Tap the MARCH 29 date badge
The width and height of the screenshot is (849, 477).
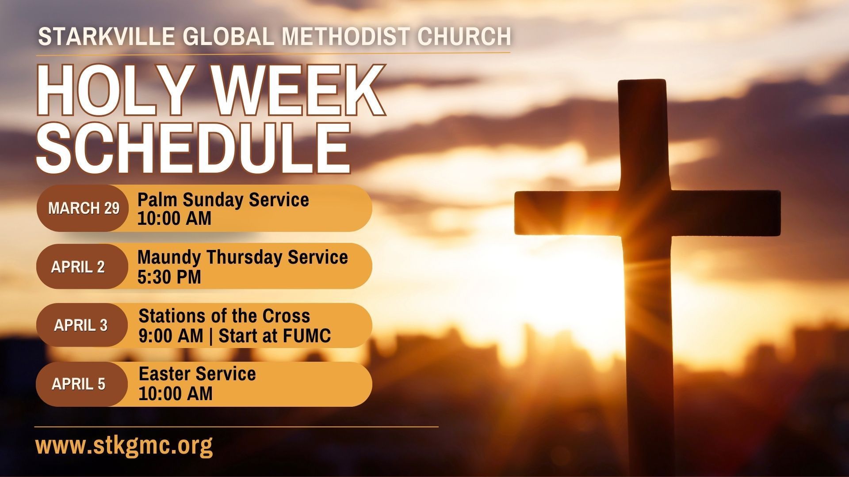point(83,208)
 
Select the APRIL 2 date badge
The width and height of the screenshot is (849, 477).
point(78,267)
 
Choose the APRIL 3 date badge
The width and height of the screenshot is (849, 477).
point(80,326)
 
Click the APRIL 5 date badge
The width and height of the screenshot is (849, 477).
point(78,384)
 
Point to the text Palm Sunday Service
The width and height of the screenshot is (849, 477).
point(223,200)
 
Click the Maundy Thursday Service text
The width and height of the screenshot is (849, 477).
point(242,257)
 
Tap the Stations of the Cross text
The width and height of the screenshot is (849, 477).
point(224,316)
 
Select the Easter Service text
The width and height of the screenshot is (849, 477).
point(197,374)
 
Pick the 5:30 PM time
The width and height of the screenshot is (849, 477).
point(169,277)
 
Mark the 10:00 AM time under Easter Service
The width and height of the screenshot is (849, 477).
point(175,394)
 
